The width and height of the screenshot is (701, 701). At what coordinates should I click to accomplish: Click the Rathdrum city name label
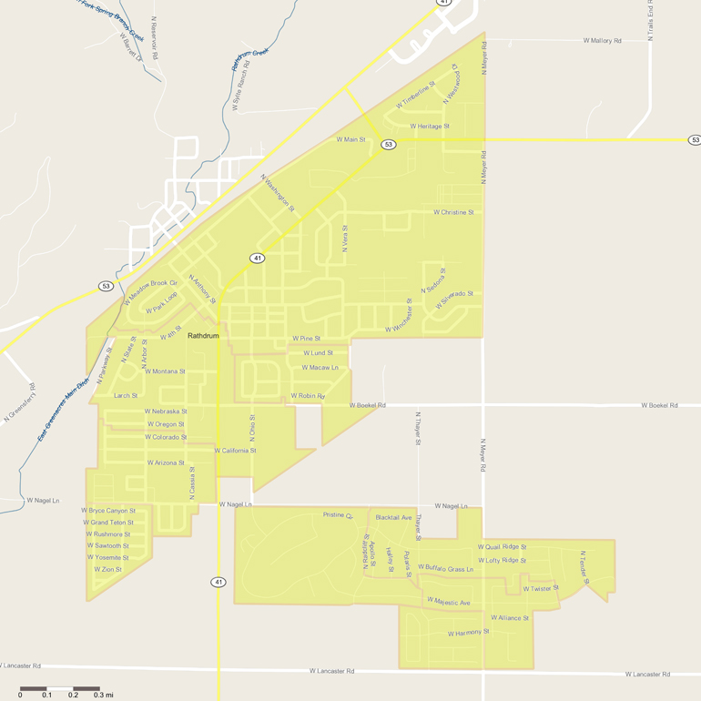point(203,336)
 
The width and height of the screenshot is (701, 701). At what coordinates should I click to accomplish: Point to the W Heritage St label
point(430,127)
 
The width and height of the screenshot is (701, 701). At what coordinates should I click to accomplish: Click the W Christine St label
point(453,212)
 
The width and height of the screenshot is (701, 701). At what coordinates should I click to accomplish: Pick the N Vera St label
point(345,239)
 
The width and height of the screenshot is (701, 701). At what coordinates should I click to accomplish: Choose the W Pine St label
point(306,339)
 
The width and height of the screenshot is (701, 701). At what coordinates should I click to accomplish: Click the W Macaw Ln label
point(320,368)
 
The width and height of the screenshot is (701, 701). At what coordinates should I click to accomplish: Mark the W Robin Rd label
point(308,396)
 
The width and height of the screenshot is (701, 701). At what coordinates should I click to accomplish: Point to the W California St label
point(235,451)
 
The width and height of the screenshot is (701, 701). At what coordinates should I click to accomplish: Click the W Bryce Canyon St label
point(108,511)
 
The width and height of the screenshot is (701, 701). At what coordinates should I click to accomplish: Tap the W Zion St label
point(107,570)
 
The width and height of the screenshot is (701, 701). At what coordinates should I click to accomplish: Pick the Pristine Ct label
point(338,515)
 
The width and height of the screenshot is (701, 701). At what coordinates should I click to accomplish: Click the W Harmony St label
point(469,632)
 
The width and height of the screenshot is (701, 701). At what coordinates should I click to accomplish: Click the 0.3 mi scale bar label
point(103,696)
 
